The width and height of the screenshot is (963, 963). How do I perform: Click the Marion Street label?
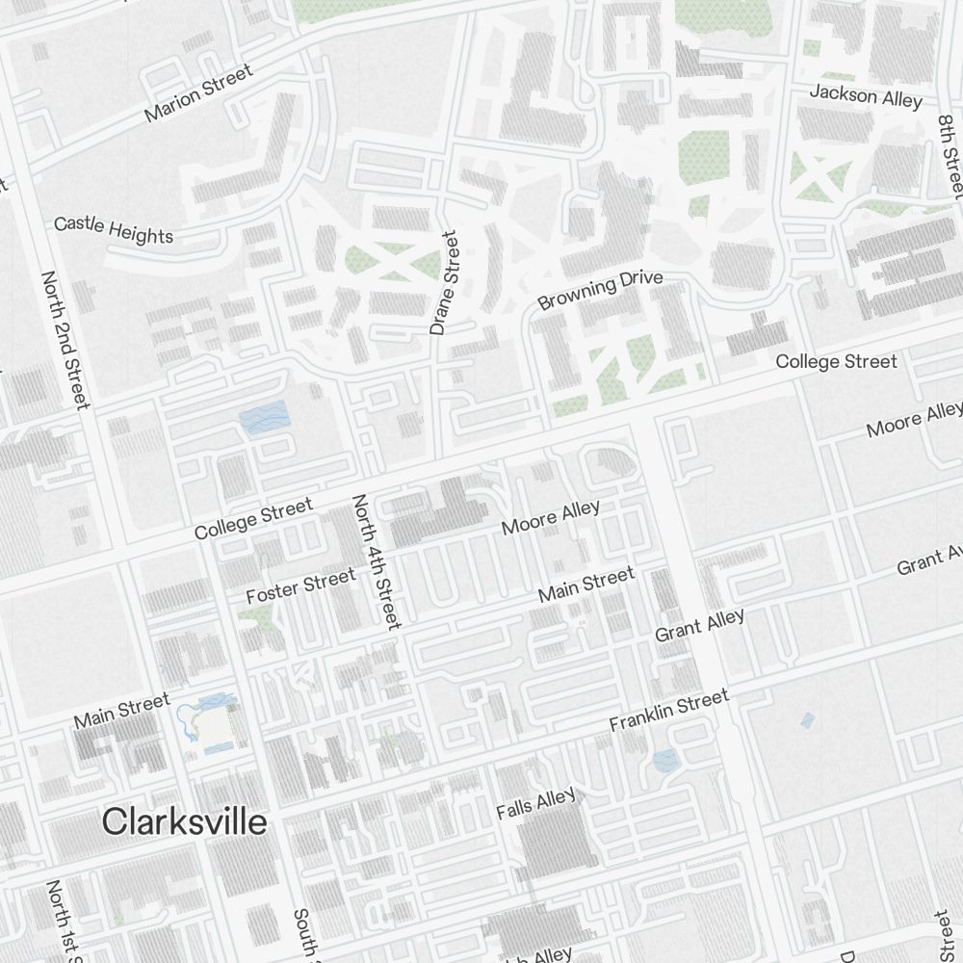coord(198,92)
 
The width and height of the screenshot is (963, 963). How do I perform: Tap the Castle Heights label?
coord(114,230)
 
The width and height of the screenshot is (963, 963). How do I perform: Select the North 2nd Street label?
coord(65,339)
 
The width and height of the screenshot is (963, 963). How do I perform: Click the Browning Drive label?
coord(600,291)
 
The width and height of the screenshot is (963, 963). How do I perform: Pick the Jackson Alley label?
coord(866,96)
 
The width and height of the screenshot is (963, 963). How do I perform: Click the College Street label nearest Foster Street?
coord(253,518)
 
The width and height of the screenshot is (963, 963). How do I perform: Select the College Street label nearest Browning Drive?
coord(836,362)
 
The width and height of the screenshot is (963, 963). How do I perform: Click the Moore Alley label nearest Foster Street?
coord(551,517)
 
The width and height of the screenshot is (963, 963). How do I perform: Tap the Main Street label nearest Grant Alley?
coord(586,585)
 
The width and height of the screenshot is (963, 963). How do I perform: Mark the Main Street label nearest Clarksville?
coord(121,710)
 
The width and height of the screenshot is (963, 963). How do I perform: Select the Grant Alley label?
coord(699,625)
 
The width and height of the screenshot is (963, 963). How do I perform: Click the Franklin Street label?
coord(669,711)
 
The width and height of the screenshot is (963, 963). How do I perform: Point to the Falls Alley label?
coord(535,803)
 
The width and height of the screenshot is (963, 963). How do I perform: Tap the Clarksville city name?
coord(184,822)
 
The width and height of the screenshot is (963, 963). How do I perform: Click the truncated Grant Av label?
coord(929,560)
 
